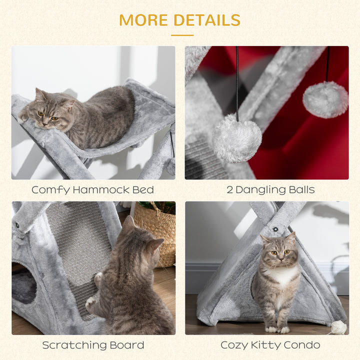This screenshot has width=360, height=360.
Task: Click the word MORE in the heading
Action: click(x=144, y=20)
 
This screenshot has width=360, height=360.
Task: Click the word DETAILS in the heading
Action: click(x=207, y=20)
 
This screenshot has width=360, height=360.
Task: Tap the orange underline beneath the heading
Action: click(x=182, y=35)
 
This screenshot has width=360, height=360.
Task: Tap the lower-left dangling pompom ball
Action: click(x=236, y=138)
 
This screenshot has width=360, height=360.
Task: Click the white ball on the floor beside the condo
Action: click(x=338, y=327)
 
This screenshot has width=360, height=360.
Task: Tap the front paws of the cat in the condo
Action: click(x=277, y=329)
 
